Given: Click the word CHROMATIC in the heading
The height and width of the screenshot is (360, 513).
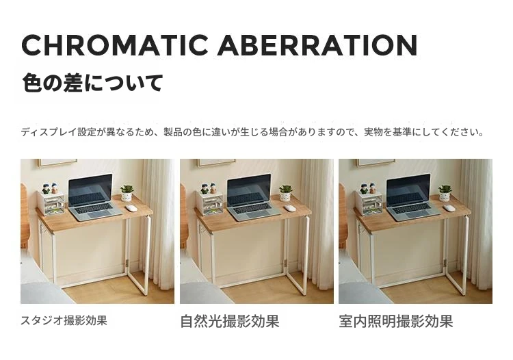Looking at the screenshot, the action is tap(115, 45).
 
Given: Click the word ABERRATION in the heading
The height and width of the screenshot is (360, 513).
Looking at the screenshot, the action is tap(317, 45).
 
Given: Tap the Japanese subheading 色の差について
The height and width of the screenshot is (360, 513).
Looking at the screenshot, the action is tap(92, 83).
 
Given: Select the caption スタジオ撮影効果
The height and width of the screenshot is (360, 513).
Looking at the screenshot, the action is tap(64, 320).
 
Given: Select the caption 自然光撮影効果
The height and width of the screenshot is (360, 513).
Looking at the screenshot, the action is tap(230, 321).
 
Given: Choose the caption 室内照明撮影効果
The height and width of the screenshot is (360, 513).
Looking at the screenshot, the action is tap(396, 321).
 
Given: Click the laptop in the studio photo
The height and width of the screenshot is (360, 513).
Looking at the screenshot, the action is tap(93, 198).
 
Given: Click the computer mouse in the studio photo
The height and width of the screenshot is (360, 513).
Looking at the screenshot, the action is tap(131, 208).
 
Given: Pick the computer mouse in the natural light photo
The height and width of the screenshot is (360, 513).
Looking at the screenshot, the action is tap(290, 208).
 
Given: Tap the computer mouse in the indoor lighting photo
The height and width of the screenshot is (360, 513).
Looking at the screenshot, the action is tap(449, 208).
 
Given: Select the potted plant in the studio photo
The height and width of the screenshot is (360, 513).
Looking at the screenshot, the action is tap(127, 193).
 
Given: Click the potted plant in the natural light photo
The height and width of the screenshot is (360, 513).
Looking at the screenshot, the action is tap(286, 193).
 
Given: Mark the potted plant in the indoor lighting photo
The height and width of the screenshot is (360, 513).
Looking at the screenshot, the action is tap(445, 193).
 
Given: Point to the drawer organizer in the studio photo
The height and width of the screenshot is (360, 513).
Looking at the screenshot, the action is tap(51, 203).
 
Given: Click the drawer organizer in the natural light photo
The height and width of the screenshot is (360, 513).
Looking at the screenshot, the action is tap(210, 203).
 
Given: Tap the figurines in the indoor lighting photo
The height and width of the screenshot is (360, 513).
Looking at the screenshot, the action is tap(368, 188).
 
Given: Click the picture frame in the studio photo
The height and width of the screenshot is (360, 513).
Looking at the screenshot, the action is tap(57, 163).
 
